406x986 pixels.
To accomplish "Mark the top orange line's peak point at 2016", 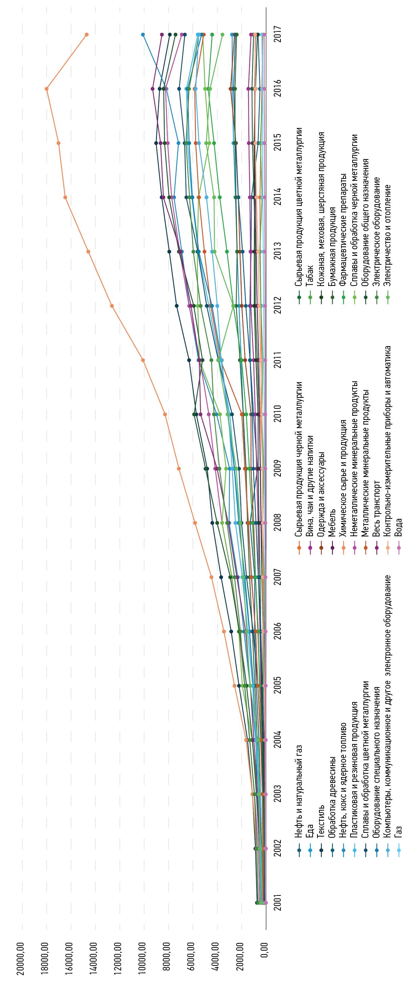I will click(x=47, y=89).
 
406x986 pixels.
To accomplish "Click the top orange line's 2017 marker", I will click(x=87, y=34).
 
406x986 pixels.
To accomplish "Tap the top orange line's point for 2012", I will click(x=112, y=306).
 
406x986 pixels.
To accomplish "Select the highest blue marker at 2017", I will click(x=143, y=34).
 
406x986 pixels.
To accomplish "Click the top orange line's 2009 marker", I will click(x=179, y=468).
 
